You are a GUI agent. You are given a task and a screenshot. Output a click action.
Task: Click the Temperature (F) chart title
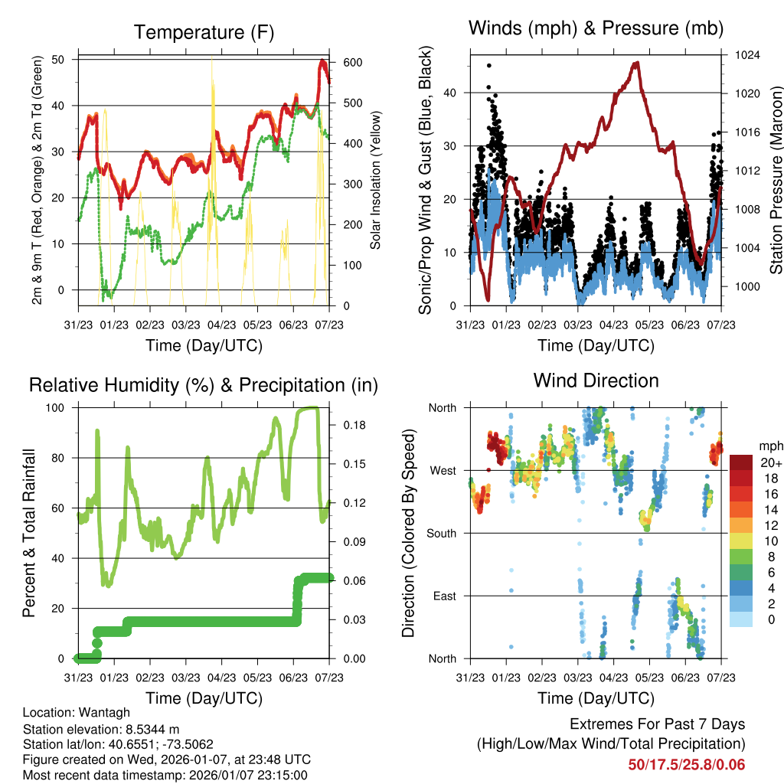click(x=204, y=32)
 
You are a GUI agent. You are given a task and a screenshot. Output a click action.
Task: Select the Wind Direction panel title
click(x=596, y=381)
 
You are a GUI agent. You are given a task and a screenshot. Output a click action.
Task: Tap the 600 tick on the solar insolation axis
click(x=352, y=63)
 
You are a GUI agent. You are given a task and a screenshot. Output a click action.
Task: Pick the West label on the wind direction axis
click(x=442, y=470)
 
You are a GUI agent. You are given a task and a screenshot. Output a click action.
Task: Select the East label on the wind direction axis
click(x=443, y=596)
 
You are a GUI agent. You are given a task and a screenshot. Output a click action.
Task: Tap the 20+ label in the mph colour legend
click(x=771, y=462)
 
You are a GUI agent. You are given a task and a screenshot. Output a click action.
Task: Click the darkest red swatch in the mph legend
click(x=741, y=462)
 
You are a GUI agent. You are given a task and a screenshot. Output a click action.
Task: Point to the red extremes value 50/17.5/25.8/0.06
click(x=686, y=764)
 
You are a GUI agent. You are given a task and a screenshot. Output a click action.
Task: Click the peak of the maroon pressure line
click(x=635, y=63)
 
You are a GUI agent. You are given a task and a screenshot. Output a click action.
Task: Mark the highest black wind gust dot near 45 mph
click(x=489, y=66)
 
